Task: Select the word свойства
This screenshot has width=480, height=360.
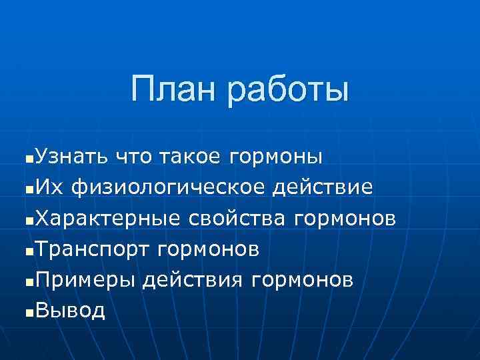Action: (236, 219)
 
